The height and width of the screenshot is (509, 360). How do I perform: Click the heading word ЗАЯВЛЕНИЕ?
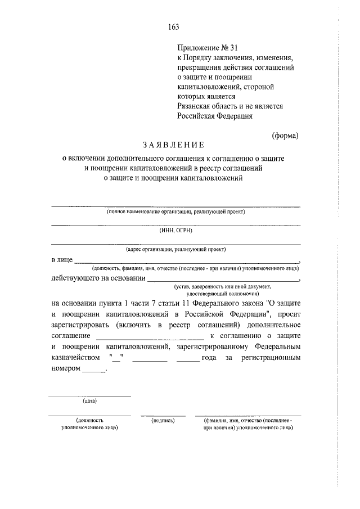click(174, 146)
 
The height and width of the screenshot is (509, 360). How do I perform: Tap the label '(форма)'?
click(285, 135)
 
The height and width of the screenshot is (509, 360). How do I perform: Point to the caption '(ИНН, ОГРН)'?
click(175, 229)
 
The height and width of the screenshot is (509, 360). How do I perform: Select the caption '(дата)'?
click(89, 401)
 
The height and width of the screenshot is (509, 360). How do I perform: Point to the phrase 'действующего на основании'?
click(98, 277)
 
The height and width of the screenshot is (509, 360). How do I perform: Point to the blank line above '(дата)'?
click(89, 397)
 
